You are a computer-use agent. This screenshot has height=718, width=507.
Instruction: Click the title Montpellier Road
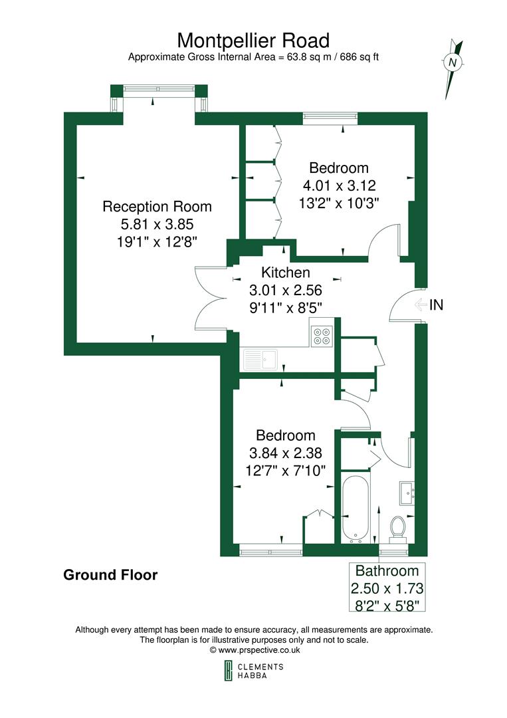tap(253, 41)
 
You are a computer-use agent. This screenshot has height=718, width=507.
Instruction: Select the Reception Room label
tap(157, 207)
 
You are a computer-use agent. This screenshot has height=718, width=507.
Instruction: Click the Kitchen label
tap(285, 273)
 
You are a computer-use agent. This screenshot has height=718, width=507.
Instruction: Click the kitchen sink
tap(260, 360)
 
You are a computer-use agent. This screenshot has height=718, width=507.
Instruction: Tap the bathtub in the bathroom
tap(356, 507)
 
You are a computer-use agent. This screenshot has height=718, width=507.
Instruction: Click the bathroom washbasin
tap(408, 493)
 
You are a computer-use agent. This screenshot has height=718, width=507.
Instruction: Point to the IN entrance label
tap(437, 305)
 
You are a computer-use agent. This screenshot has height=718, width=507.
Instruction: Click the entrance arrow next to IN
tap(421, 305)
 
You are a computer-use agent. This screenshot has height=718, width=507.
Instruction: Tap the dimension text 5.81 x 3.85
tap(157, 224)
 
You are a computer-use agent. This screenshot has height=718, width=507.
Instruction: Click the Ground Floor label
tap(110, 574)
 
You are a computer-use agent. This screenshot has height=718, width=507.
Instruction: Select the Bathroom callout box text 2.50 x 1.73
tap(388, 588)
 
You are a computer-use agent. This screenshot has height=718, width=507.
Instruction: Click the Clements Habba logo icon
tap(227, 671)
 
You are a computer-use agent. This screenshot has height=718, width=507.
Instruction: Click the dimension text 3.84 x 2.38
tap(285, 453)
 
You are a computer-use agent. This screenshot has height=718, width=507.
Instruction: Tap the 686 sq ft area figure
tap(357, 57)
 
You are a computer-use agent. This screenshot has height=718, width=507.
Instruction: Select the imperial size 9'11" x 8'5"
tap(285, 307)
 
